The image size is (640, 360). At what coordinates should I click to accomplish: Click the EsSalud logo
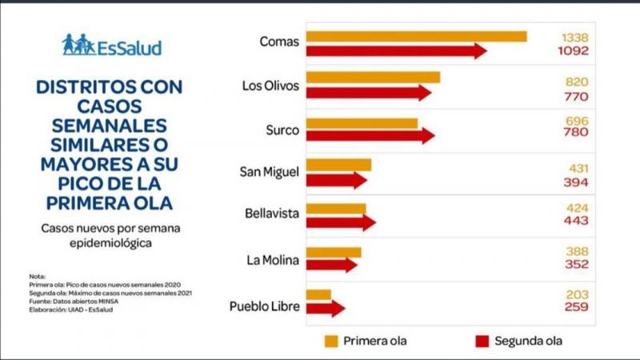click(x=111, y=46)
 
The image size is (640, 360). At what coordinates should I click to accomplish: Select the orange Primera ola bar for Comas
click(x=416, y=36)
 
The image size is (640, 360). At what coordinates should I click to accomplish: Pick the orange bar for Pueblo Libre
click(x=318, y=294)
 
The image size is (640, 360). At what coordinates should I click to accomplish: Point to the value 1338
click(x=575, y=37)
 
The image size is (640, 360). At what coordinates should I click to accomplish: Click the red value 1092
click(x=574, y=51)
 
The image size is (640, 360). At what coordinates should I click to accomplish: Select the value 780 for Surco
click(x=576, y=134)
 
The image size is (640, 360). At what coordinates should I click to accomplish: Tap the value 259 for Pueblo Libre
click(x=576, y=307)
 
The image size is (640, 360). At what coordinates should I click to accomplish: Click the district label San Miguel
click(x=269, y=172)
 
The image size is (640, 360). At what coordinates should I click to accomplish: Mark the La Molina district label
click(x=274, y=259)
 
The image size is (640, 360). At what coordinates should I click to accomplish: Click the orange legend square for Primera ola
click(x=332, y=342)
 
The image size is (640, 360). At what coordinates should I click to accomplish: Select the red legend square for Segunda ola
click(x=482, y=342)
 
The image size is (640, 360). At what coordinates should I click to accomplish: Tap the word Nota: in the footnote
click(x=38, y=276)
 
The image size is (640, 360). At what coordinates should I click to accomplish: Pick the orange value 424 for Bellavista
click(x=576, y=207)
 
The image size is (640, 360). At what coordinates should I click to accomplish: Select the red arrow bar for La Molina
click(x=330, y=265)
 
